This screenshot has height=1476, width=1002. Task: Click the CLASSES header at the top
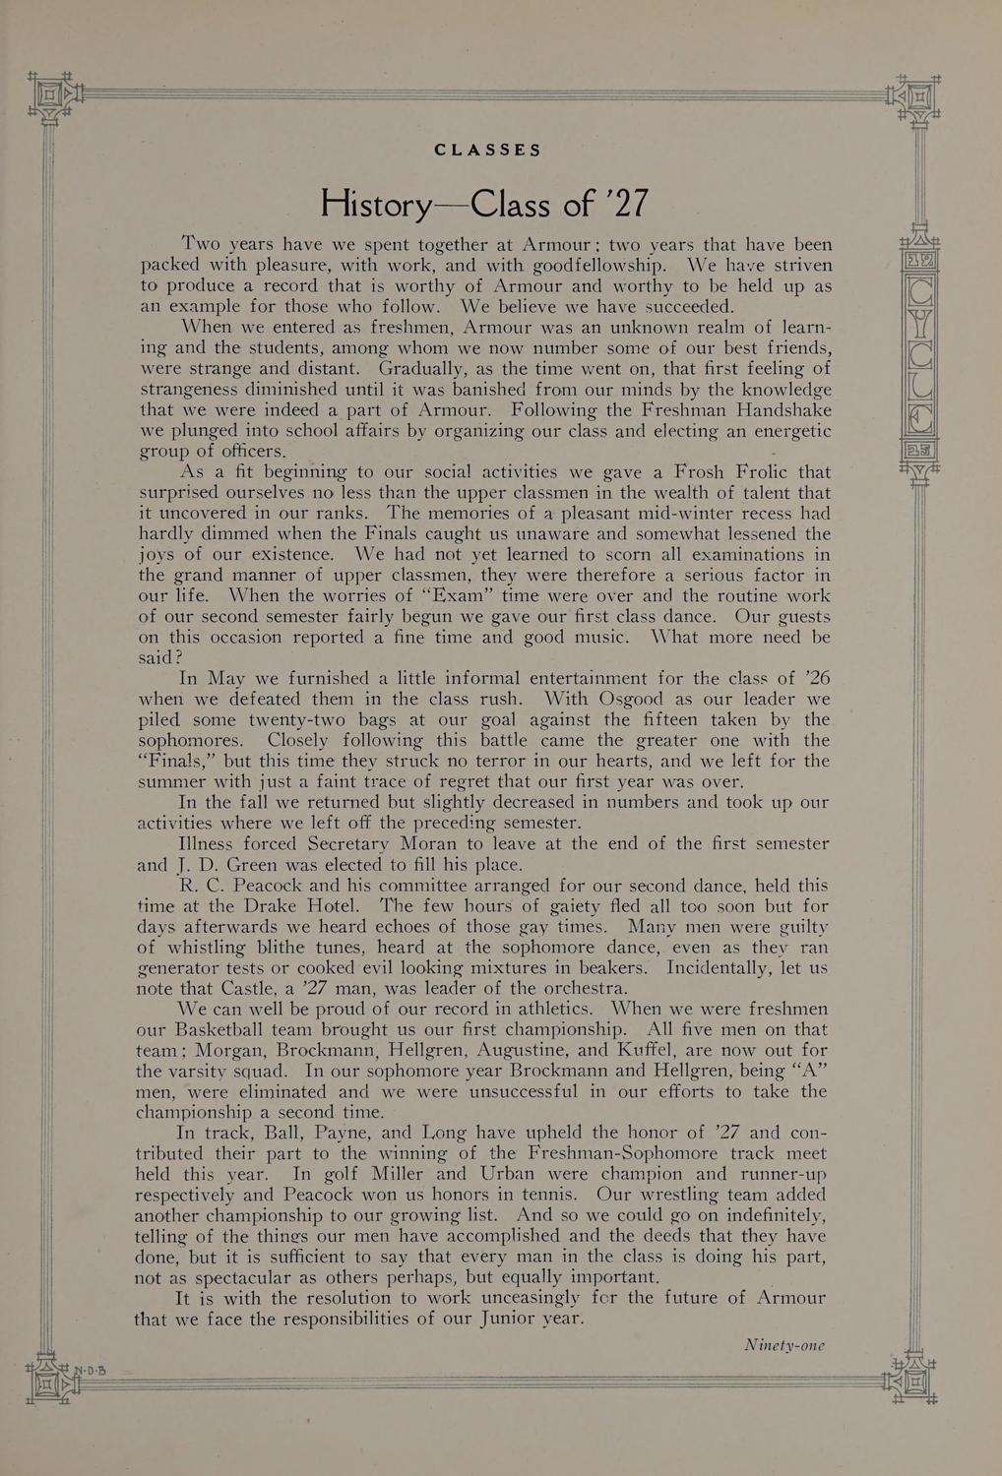(488, 151)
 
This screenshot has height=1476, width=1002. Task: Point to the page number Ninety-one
(783, 1345)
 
